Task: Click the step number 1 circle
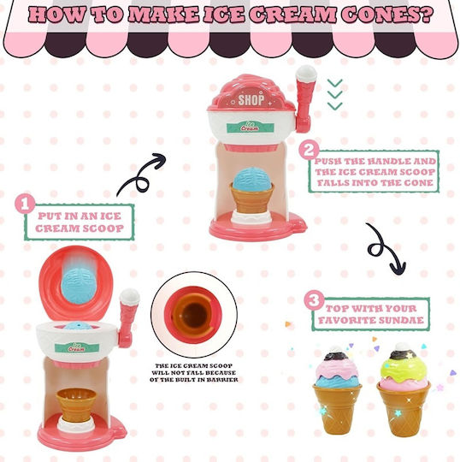[x=25, y=204]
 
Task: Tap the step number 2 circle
[x=309, y=150]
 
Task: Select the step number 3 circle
[x=315, y=300]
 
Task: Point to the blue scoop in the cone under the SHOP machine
[x=252, y=179]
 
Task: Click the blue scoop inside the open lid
[x=79, y=286]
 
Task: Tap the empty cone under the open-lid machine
[x=76, y=406]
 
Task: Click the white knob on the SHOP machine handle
[x=306, y=73]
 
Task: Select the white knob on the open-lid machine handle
[x=129, y=297]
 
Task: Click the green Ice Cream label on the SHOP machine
[x=251, y=127]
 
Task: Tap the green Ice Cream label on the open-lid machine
[x=77, y=347]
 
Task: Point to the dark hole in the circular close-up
[x=194, y=316]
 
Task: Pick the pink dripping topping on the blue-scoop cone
[x=337, y=370]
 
